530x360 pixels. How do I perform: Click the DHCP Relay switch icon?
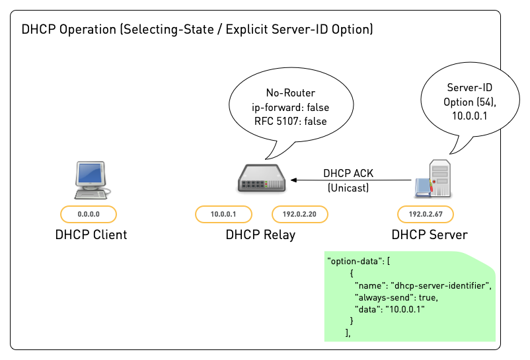[x=262, y=180]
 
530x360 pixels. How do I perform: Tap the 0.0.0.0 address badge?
[x=89, y=214]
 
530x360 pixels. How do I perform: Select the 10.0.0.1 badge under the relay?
[x=223, y=214]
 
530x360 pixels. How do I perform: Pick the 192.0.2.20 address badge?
[x=300, y=214]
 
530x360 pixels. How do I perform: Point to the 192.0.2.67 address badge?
[x=425, y=214]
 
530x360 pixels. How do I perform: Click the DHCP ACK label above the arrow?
[x=348, y=174]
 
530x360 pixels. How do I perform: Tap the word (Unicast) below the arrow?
[x=348, y=188]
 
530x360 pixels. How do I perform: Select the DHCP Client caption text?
[x=91, y=234]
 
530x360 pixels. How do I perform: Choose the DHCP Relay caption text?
[x=260, y=234]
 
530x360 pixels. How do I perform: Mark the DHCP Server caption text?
[x=429, y=234]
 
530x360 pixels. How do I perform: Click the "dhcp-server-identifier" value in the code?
[x=441, y=285]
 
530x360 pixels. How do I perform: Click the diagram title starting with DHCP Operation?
[x=198, y=30]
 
